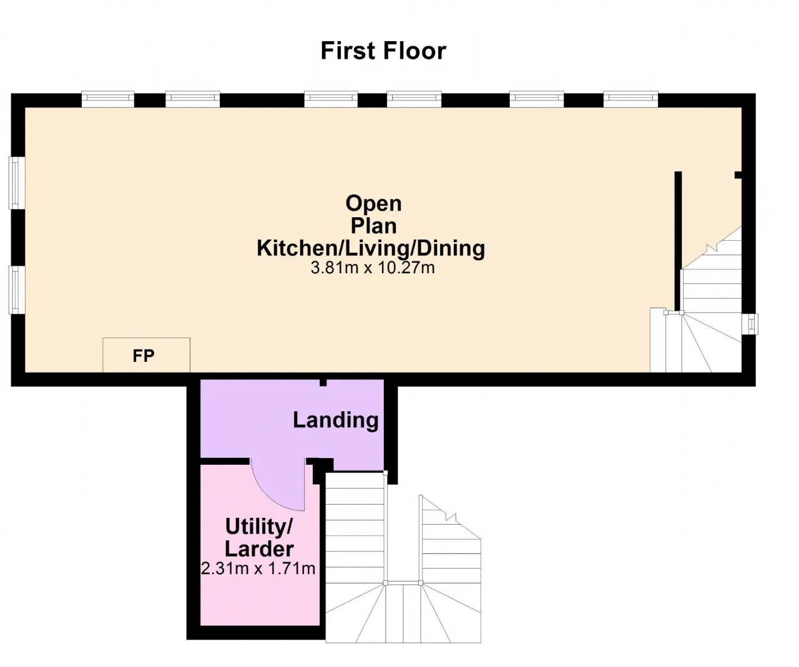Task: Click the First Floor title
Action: (383, 51)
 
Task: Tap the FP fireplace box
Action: (146, 355)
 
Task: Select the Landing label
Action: (336, 421)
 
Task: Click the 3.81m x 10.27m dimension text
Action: (372, 268)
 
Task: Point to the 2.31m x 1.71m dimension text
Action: (258, 568)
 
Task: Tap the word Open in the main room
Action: (373, 203)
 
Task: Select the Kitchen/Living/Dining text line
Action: (371, 248)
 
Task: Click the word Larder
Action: (259, 549)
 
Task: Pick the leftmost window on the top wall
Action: (108, 99)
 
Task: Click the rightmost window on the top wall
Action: (630, 99)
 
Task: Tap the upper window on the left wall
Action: (17, 183)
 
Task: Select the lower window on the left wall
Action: (17, 290)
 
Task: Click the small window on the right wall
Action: (750, 324)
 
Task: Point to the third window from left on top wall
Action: (331, 99)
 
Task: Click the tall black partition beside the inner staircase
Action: (678, 241)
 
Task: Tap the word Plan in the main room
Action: (373, 226)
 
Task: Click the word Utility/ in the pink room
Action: (259, 527)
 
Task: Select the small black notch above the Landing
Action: (323, 382)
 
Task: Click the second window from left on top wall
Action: (192, 99)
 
